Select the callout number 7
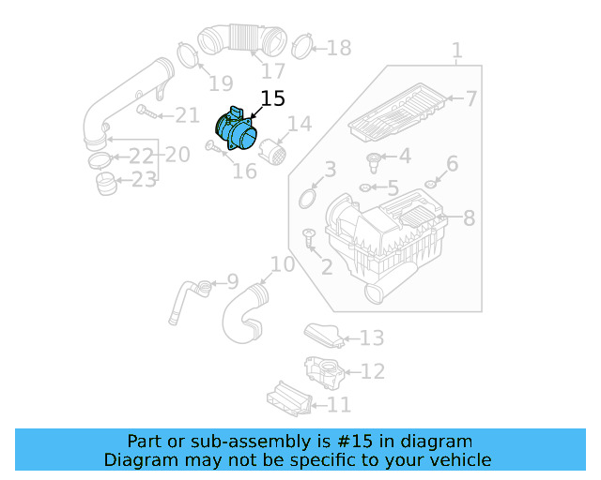471,98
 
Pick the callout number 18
338,48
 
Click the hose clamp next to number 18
302,44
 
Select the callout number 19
220,84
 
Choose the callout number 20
178,154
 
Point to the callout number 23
144,179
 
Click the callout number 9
232,280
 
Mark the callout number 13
372,337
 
